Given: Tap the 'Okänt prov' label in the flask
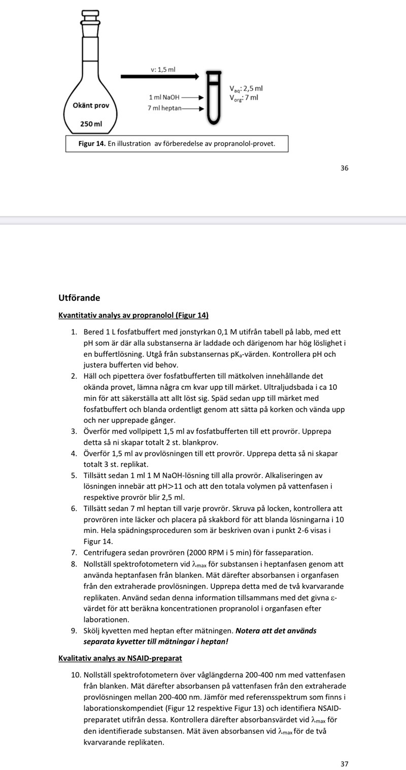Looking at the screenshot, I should (91, 106).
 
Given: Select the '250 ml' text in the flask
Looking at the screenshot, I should (91, 123).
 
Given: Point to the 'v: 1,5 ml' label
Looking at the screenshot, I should (163, 69).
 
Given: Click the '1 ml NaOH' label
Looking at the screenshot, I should (164, 97).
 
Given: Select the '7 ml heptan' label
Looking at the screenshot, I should (164, 109).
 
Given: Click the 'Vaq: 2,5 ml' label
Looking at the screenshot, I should (246, 89).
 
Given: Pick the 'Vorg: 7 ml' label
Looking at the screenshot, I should (244, 97).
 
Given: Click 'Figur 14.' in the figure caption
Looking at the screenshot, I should (92, 144).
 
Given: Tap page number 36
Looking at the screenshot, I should (345, 168).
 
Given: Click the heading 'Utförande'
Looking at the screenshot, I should (79, 297).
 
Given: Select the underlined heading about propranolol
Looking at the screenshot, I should (133, 315).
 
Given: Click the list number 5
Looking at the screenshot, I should (74, 476).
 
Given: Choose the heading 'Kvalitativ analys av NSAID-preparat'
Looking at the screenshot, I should (120, 658).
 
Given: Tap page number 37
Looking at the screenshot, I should (345, 763).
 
